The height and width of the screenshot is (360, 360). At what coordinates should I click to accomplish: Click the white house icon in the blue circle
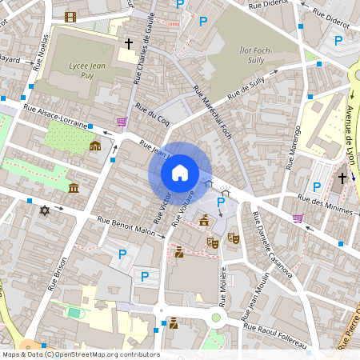click(180, 172)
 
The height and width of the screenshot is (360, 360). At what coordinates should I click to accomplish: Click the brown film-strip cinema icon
click(71, 17)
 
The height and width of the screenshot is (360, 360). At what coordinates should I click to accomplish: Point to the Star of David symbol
click(44, 210)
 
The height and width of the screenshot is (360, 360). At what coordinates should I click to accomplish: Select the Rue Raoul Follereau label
click(275, 333)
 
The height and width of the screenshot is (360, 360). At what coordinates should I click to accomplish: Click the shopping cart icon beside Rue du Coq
click(121, 122)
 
